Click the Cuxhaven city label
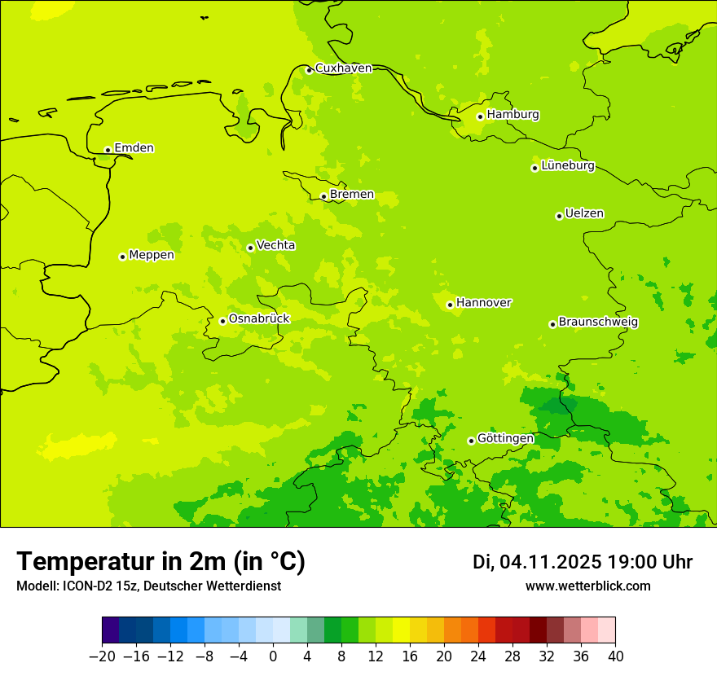pos(343,68)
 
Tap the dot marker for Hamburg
pos(481,116)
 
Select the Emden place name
pos(134,148)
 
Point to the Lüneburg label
pos(567,166)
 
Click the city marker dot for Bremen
pos(323,196)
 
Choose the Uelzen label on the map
pos(584,214)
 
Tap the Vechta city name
pos(275,245)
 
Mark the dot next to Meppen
pos(122,257)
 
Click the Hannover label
pos(483,303)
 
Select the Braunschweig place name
pos(598,323)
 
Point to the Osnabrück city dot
pos(222,321)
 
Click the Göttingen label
pos(505,439)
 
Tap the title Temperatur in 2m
pos(161,561)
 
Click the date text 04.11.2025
pos(551,562)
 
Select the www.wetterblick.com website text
pos(587,586)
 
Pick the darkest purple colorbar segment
pos(110,630)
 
